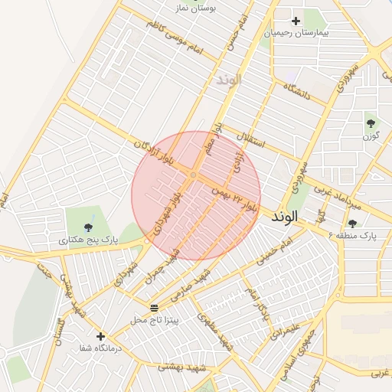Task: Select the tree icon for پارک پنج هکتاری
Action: pos(89,227)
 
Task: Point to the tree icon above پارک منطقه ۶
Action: pos(352,223)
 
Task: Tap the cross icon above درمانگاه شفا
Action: pos(100,335)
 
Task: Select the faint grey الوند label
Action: pos(229,80)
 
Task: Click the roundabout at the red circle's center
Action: pos(194,177)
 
